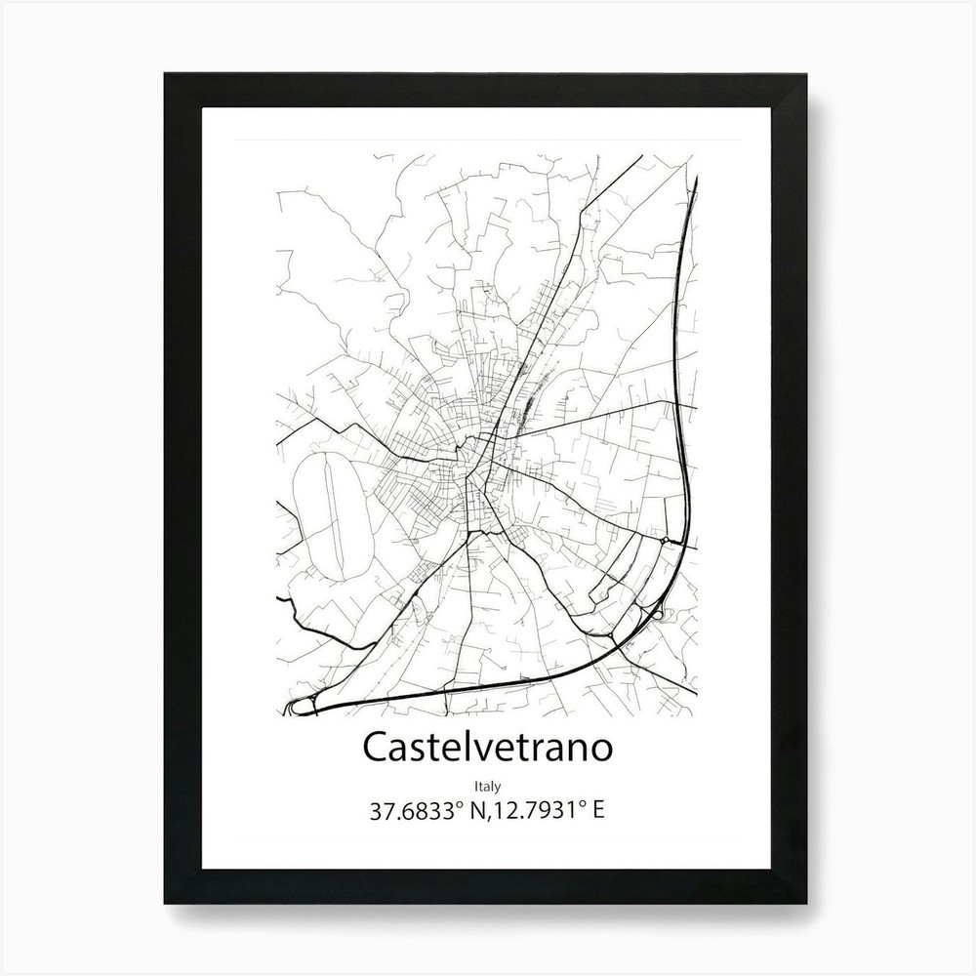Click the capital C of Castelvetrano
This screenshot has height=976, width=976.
point(376,748)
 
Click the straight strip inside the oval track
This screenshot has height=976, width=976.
point(337,517)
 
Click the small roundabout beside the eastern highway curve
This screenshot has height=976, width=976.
point(665,539)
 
